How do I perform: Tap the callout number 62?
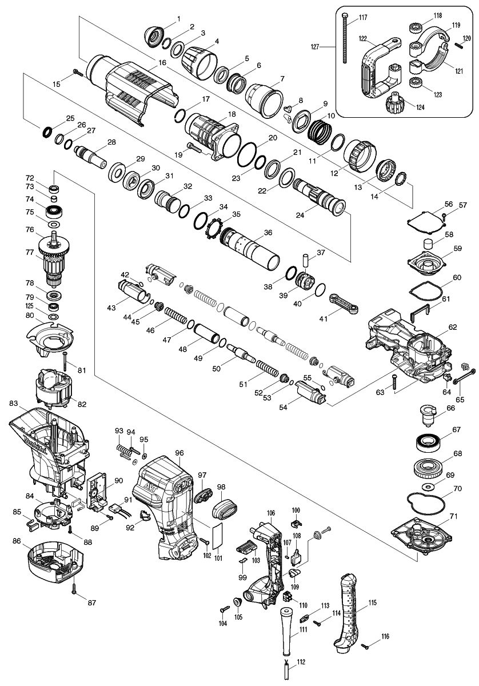[x=452, y=327]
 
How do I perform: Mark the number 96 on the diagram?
[x=179, y=453]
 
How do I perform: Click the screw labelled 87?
[x=74, y=588]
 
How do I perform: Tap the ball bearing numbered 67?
[x=430, y=441]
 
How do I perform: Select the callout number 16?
[x=162, y=62]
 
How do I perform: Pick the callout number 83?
[x=14, y=404]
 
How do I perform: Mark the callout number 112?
[x=301, y=662]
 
